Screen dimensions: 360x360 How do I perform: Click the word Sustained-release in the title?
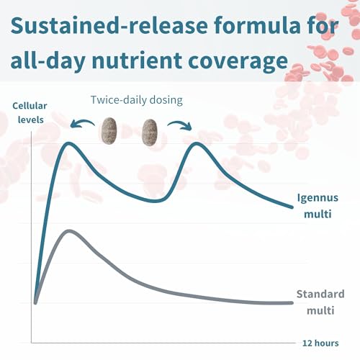(109, 25)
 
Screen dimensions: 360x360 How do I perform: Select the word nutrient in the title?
(137, 60)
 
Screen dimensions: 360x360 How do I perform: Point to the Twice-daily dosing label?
(137, 100)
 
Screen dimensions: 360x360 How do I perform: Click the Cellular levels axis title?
(30, 112)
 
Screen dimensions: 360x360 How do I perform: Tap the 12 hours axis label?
(320, 343)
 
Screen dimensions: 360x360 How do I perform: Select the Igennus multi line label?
(318, 206)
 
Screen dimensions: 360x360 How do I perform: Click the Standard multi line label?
(320, 302)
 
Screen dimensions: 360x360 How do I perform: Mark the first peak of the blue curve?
(69, 144)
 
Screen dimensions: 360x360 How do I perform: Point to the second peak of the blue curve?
(197, 144)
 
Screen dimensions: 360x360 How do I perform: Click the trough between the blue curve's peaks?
(155, 201)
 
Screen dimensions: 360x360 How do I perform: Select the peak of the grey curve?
(69, 231)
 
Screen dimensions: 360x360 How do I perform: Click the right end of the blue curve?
(292, 207)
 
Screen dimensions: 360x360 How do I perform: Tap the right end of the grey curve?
(292, 303)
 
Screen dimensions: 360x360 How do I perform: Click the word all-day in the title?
(48, 60)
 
